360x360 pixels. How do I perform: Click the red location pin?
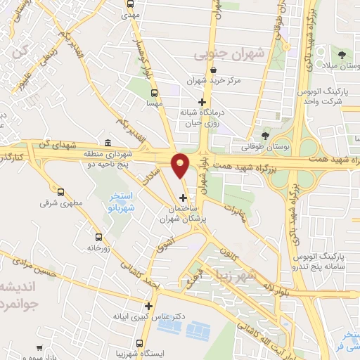coord(181,165)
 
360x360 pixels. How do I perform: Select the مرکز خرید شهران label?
coord(214,81)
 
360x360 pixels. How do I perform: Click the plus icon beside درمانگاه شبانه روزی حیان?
coord(202,102)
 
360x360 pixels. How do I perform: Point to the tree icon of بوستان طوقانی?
coord(264,136)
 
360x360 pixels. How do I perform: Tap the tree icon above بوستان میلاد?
coord(342,55)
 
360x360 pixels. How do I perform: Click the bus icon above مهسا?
coord(155,92)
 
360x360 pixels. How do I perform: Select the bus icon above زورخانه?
coord(98,237)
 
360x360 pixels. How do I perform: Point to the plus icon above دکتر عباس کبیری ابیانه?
coord(148,306)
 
